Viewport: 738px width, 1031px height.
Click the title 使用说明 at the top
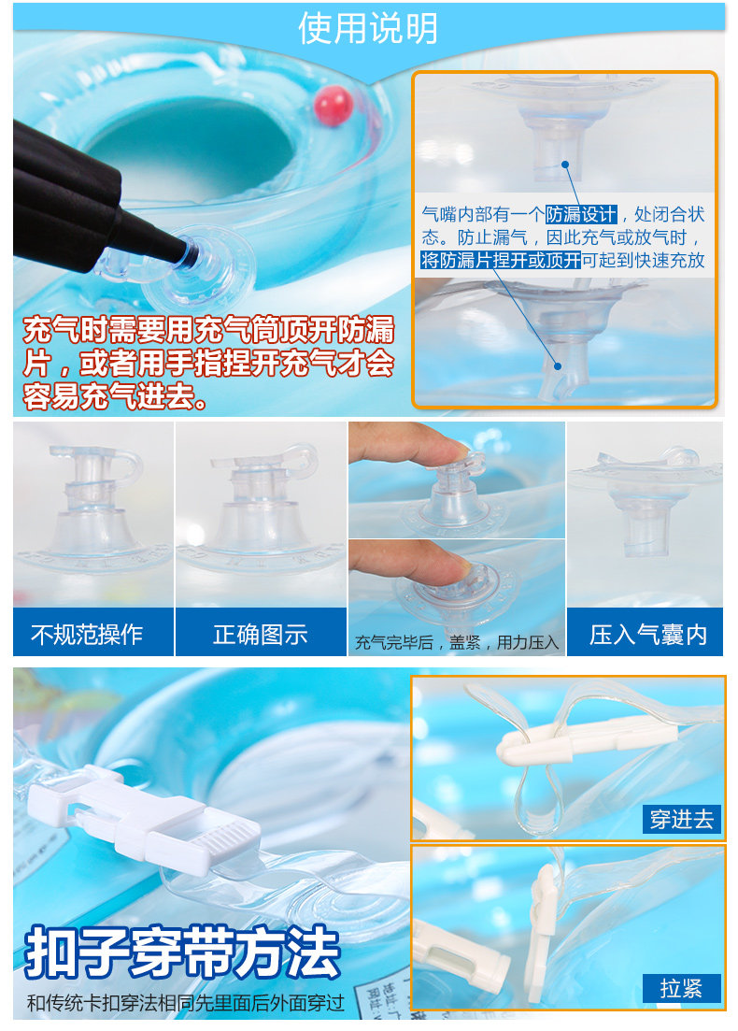[368, 29]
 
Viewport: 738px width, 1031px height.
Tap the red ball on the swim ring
[332, 106]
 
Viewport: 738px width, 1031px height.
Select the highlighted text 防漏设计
[581, 213]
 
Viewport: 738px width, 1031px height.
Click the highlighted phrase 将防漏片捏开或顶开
[501, 261]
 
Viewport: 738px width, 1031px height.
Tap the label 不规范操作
[87, 635]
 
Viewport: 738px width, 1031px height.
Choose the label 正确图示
[261, 635]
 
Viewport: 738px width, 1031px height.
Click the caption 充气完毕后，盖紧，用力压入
[457, 642]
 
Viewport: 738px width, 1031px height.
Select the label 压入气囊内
[648, 635]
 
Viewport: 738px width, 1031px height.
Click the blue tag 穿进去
[682, 820]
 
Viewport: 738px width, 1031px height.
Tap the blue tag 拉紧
[682, 988]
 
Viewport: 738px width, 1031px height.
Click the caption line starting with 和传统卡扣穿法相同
[186, 1004]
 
